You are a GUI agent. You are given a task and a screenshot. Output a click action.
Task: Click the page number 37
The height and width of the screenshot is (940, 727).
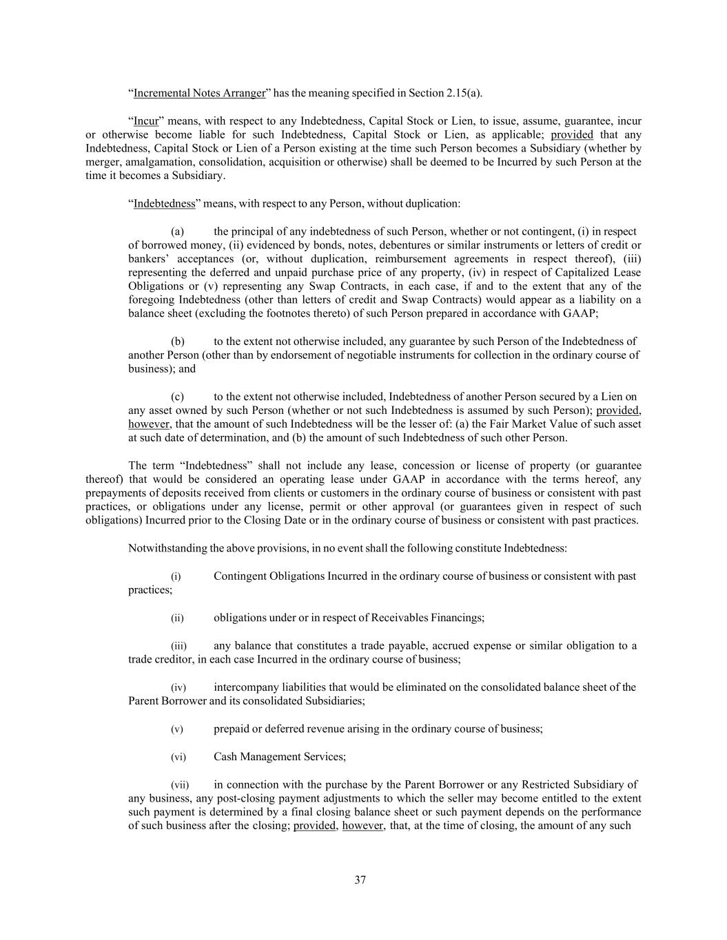(360, 880)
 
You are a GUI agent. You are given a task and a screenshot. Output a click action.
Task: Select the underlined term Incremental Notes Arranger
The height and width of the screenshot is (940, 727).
(199, 93)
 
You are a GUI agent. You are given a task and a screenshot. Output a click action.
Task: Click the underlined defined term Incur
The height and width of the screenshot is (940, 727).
(145, 121)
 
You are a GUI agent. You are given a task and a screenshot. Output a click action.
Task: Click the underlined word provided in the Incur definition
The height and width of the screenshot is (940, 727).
(572, 134)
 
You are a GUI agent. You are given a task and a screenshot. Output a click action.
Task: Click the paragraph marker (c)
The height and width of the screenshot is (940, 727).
(177, 397)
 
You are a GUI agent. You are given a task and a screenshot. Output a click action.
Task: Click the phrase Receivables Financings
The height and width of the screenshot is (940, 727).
(427, 618)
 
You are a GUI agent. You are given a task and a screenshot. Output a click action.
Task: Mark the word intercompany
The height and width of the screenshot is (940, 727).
(244, 687)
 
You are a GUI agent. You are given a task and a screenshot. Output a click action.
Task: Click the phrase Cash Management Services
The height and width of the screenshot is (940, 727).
(279, 757)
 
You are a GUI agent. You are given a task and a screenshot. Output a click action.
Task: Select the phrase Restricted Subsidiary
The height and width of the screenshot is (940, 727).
(571, 784)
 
